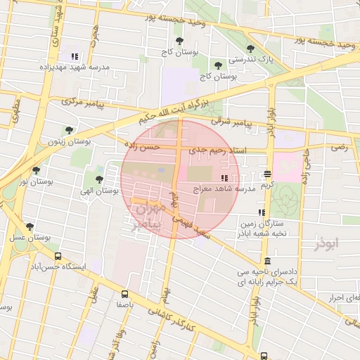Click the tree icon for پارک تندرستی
pos(250,49)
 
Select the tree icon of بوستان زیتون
pos(69,130)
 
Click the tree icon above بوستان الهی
pos(99,179)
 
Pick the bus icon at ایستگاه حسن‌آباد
pos(58,257)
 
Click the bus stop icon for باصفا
pos(124,295)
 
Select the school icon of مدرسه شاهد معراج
pos(225,179)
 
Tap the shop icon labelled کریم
pos(267,174)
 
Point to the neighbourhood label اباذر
pos(326,244)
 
